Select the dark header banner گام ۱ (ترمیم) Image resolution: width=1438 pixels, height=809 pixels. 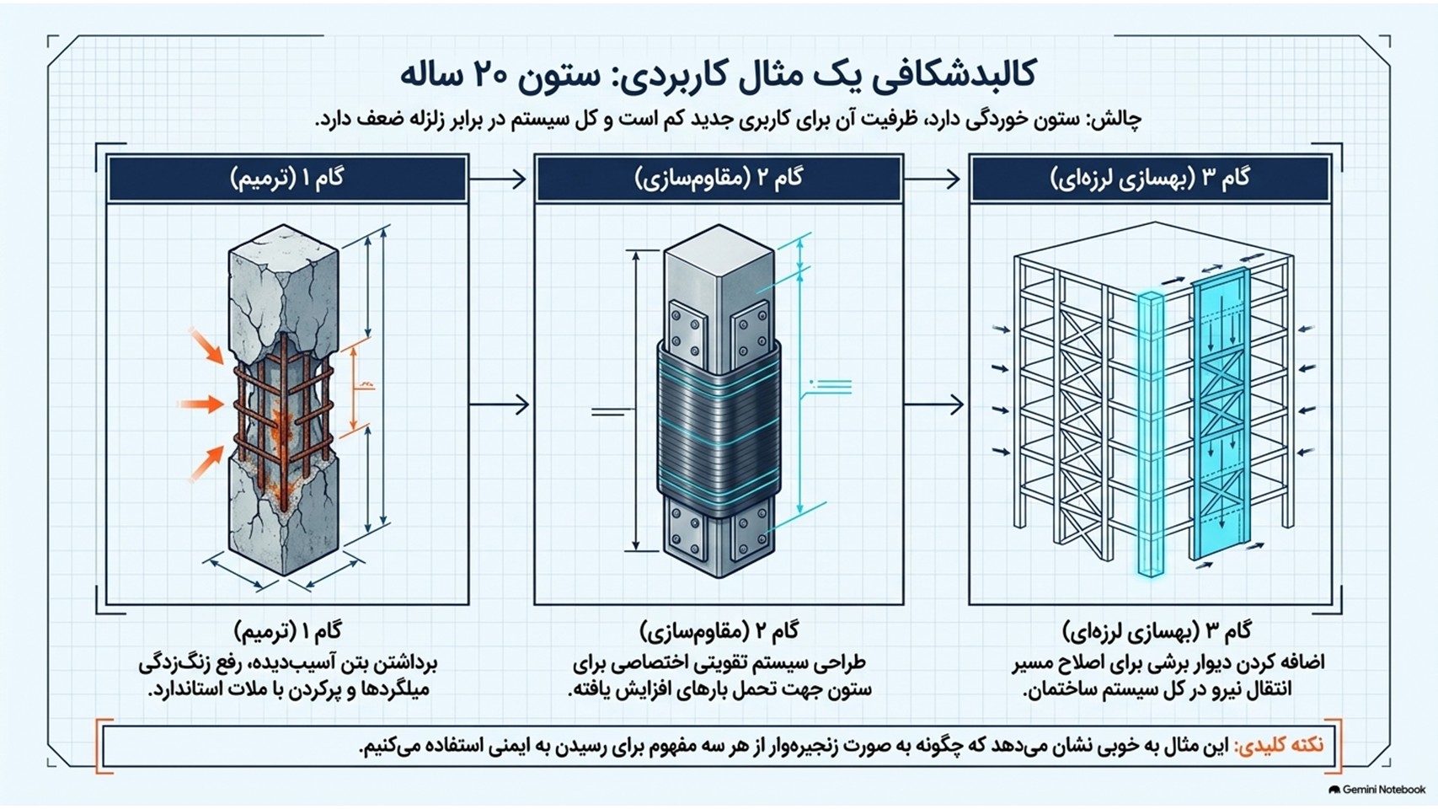coord(287,179)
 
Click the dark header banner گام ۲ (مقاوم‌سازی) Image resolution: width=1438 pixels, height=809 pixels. coord(719,179)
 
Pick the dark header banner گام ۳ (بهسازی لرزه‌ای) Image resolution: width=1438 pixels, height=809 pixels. coord(1150,179)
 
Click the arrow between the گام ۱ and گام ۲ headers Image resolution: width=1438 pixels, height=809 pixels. coord(498,179)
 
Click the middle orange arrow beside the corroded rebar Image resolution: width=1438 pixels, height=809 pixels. coord(201,404)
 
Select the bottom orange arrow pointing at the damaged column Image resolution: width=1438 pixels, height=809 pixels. coord(206,463)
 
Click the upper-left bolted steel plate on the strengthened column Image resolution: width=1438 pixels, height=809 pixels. coord(687,330)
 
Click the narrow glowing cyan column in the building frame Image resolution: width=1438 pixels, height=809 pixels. coord(1151,433)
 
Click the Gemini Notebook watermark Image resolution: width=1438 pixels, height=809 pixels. coord(1377,790)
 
